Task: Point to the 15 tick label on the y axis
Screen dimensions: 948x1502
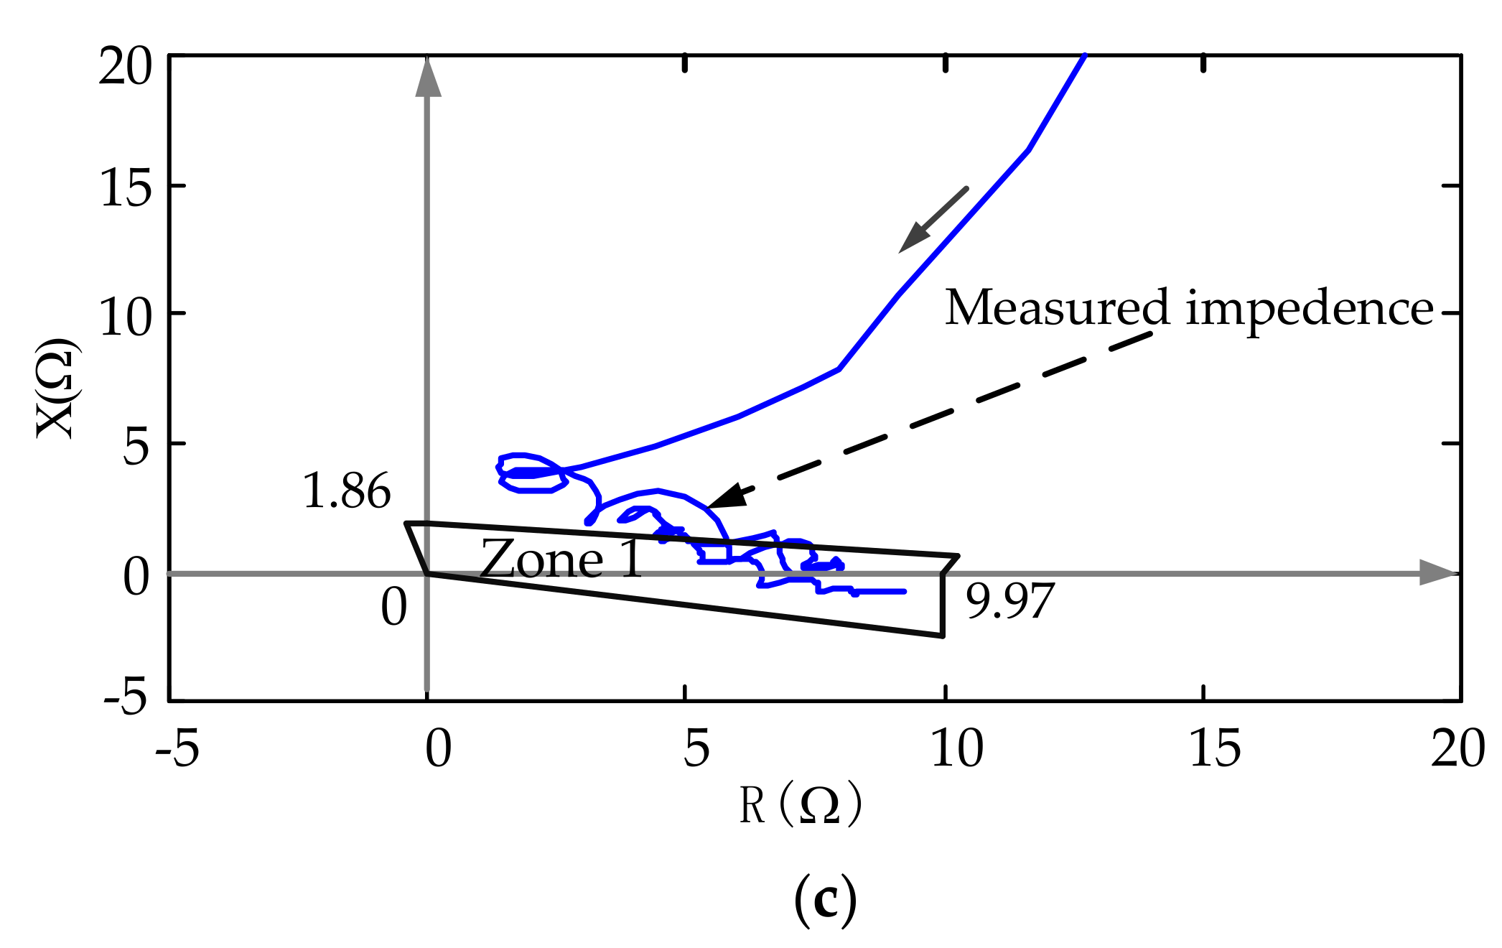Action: pyautogui.click(x=126, y=190)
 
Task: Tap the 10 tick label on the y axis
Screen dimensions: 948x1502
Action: pyautogui.click(x=126, y=317)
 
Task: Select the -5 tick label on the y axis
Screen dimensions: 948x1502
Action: pyautogui.click(x=126, y=697)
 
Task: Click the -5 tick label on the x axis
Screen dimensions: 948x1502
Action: pyautogui.click(x=177, y=748)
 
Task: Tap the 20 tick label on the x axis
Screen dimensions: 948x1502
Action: pyautogui.click(x=1457, y=748)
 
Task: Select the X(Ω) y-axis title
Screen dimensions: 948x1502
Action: pyautogui.click(x=57, y=388)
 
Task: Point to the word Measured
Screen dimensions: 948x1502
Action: pyautogui.click(x=1057, y=308)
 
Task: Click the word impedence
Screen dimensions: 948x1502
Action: pyautogui.click(x=1310, y=310)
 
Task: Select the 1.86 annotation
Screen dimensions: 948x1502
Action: pyautogui.click(x=347, y=491)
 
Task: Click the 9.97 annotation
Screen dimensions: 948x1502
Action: pyautogui.click(x=1009, y=600)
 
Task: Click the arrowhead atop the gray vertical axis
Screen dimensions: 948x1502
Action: pyautogui.click(x=428, y=78)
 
